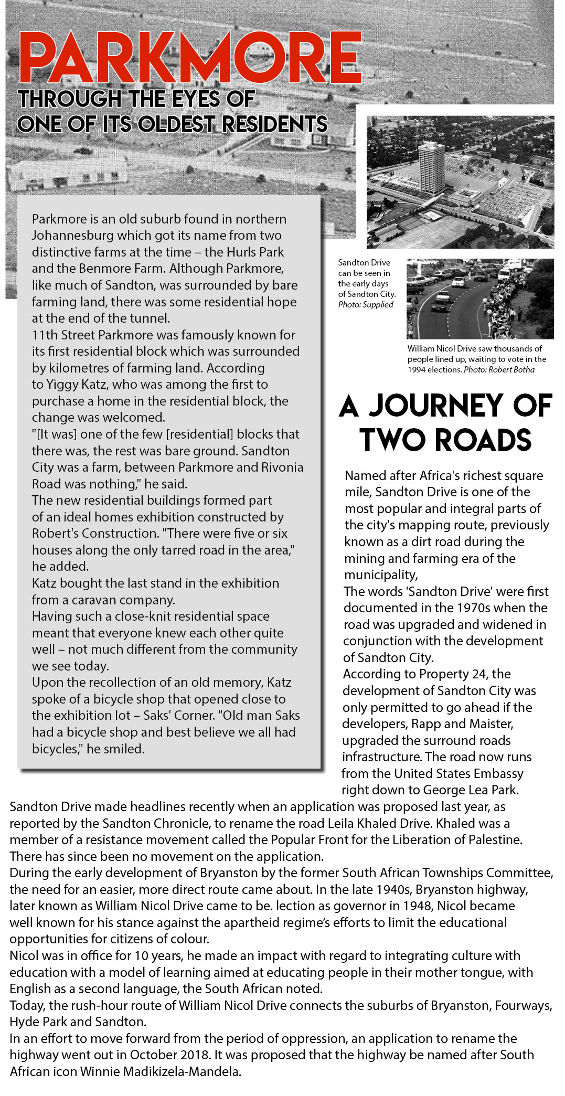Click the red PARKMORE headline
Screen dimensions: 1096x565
[190, 57]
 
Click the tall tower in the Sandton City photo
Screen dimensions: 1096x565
[432, 167]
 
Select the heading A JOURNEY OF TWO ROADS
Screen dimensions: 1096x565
[445, 422]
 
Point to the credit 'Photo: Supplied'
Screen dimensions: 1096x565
[366, 305]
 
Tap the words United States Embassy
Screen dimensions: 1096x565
[459, 774]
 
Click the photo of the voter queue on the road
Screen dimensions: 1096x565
[480, 299]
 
